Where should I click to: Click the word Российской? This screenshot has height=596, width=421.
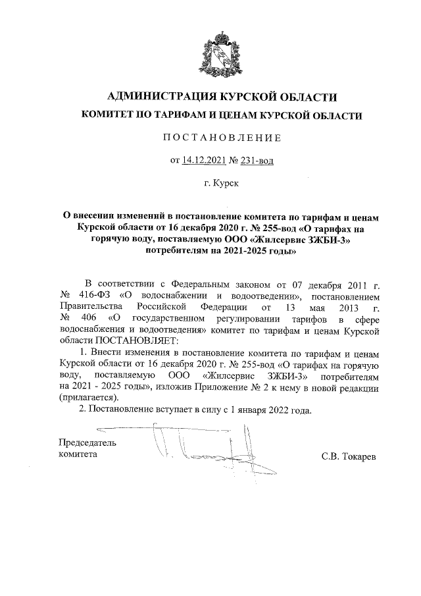pyautogui.click(x=164, y=307)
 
